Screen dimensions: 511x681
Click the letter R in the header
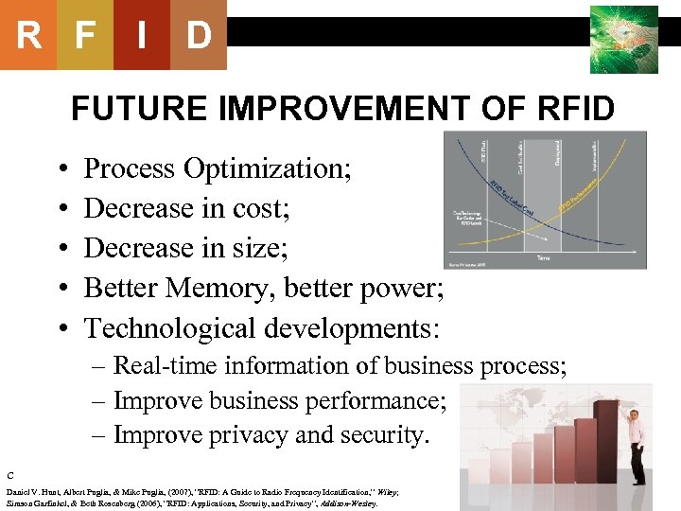pyautogui.click(x=28, y=36)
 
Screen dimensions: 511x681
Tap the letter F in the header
pyautogui.click(x=85, y=36)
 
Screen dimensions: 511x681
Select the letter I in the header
pyautogui.click(x=142, y=36)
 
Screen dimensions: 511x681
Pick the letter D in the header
pyautogui.click(x=199, y=36)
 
